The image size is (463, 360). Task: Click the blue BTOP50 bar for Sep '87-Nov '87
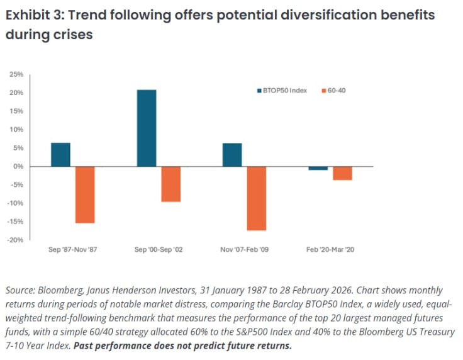[x=61, y=155]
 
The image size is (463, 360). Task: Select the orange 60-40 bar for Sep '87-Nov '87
[x=85, y=194]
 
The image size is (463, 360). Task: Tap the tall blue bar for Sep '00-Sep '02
[x=146, y=128]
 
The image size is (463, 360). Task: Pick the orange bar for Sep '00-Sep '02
[x=170, y=184]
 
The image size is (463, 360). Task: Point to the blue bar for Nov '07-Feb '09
[x=231, y=155]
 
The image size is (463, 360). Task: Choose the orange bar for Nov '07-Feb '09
[x=256, y=198]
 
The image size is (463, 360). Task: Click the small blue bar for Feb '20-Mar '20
[x=318, y=168]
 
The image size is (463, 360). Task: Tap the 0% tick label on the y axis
[x=19, y=167]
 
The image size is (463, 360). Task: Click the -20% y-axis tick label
[x=16, y=240]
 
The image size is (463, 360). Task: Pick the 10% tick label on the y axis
[x=17, y=130]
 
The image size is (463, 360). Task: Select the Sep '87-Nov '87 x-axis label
[x=73, y=250]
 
